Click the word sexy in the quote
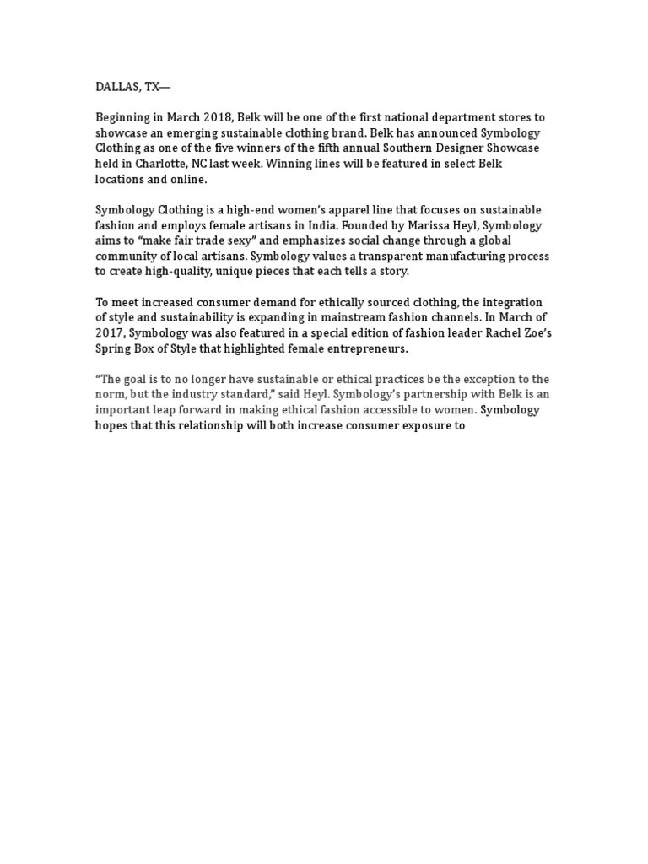point(227,240)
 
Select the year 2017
point(110,332)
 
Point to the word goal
point(140,379)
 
